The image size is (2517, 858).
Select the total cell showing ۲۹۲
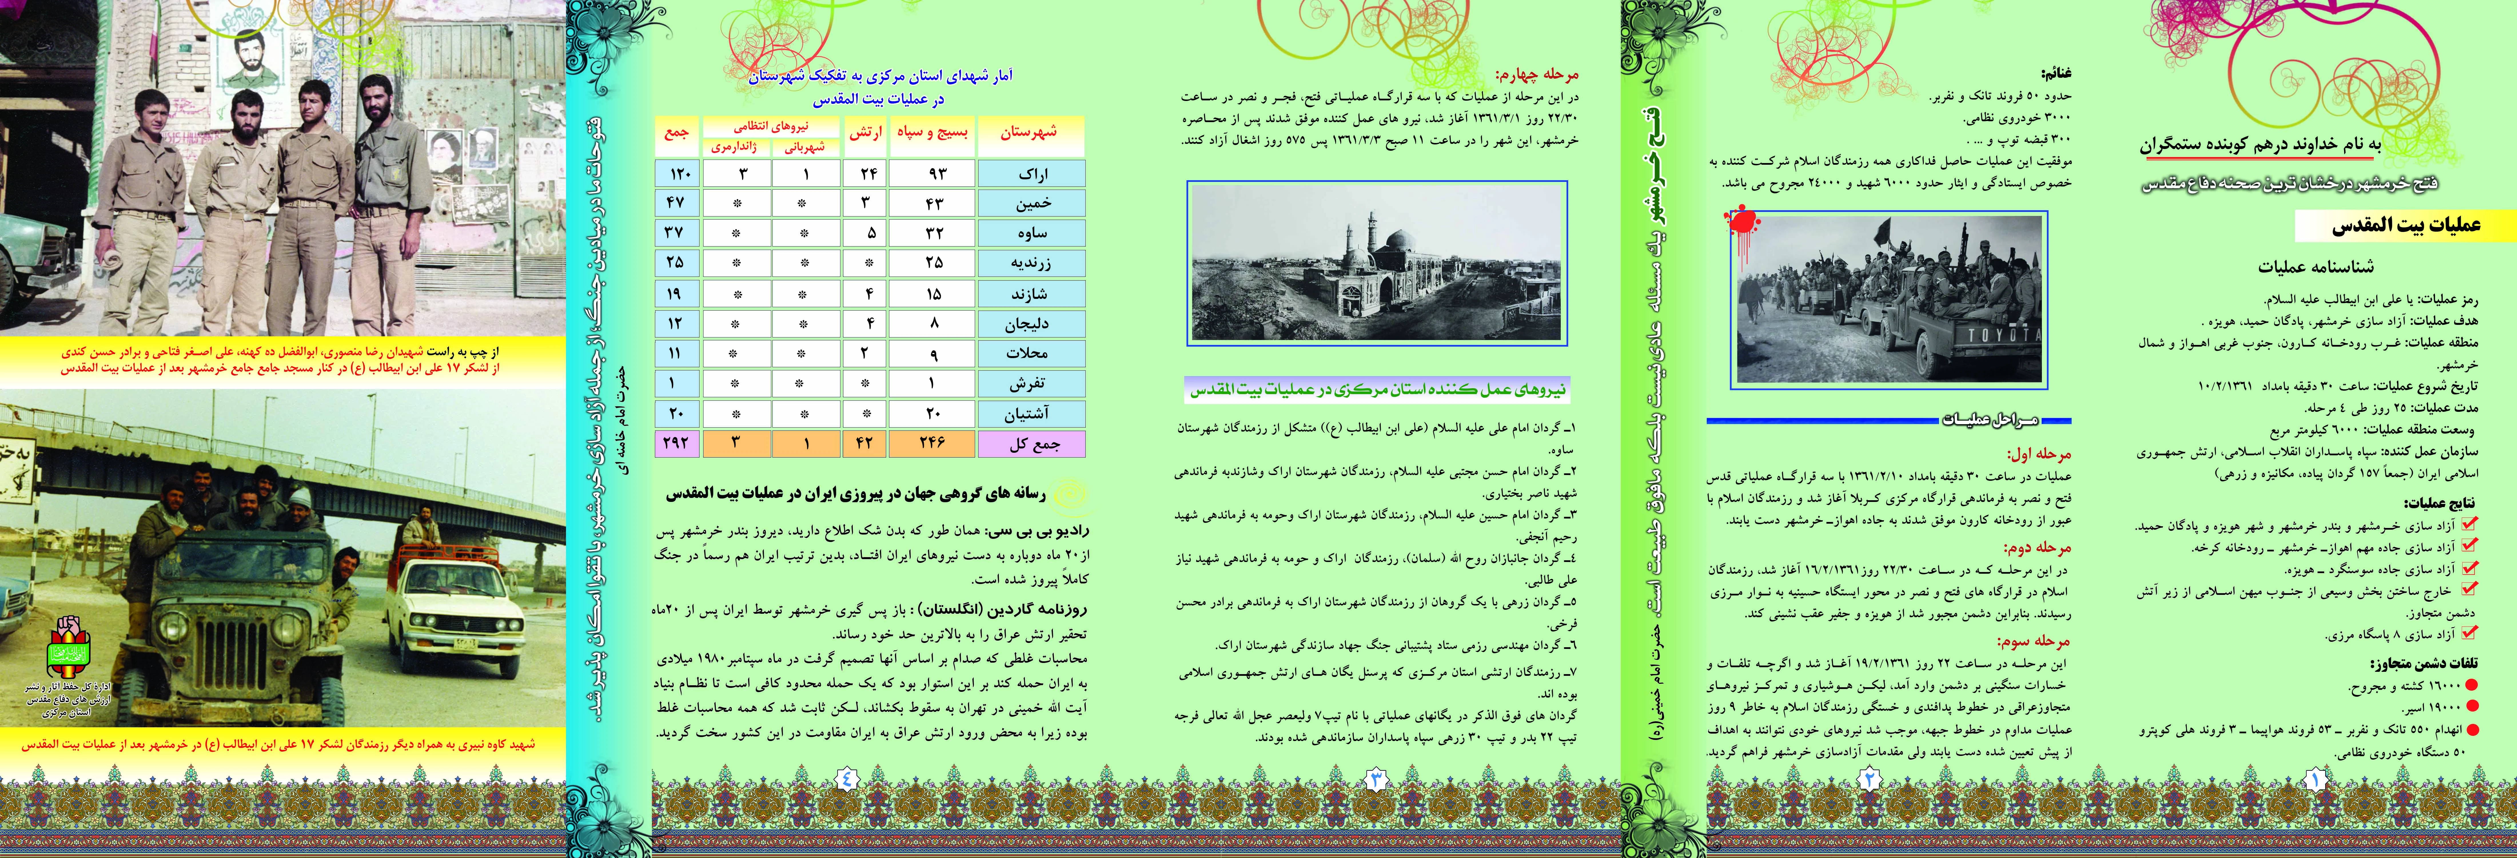click(x=675, y=443)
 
